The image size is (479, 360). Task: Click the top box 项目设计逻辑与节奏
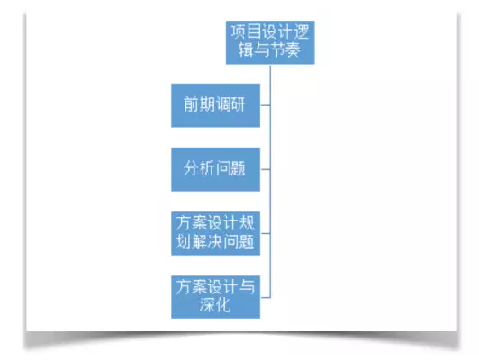pyautogui.click(x=270, y=42)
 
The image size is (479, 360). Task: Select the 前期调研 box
pyautogui.click(x=216, y=105)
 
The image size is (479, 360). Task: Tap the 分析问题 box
pyautogui.click(x=216, y=169)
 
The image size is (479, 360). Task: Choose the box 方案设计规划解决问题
pyautogui.click(x=216, y=233)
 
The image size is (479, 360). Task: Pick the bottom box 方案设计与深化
pyautogui.click(x=216, y=297)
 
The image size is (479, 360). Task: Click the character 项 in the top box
pyautogui.click(x=239, y=32)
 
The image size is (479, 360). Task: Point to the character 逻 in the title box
pyautogui.click(x=302, y=32)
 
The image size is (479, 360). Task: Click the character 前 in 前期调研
pyautogui.click(x=192, y=104)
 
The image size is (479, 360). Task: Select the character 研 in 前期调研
pyautogui.click(x=238, y=104)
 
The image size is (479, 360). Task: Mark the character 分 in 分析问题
pyautogui.click(x=192, y=168)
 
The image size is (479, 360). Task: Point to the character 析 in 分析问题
pyautogui.click(x=207, y=168)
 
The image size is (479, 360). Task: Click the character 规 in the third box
pyautogui.click(x=247, y=223)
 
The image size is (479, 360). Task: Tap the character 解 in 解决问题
pyautogui.click(x=200, y=242)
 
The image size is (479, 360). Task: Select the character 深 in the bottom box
pyautogui.click(x=207, y=305)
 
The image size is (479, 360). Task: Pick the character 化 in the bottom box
pyautogui.click(x=222, y=305)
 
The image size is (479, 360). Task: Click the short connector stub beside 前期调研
pyautogui.click(x=265, y=105)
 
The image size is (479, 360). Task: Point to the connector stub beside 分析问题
pyautogui.click(x=265, y=169)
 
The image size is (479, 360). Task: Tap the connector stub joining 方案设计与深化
pyautogui.click(x=265, y=297)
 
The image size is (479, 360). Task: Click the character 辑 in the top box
pyautogui.click(x=246, y=50)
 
